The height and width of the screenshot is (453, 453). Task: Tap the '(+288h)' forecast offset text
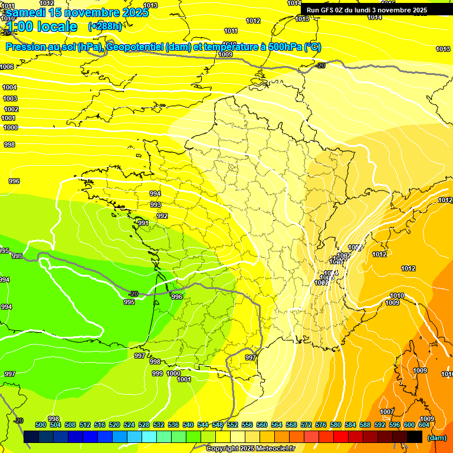coord(105,27)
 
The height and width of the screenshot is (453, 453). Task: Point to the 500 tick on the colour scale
coord(41,425)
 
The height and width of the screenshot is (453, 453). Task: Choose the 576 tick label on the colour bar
coord(321,425)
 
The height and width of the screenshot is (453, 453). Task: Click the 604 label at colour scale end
coord(424,425)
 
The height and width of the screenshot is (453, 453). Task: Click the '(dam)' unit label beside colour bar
coord(436,438)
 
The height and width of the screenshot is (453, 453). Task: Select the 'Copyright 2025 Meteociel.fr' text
coord(250,449)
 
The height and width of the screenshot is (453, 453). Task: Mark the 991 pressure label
coord(143,223)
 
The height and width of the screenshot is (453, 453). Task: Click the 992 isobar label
coord(162,216)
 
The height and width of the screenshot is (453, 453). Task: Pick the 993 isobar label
coord(155,205)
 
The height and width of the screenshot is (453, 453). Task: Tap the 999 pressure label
coord(157,373)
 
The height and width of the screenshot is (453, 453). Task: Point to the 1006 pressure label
coord(7,67)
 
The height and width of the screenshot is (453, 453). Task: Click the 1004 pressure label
coord(10,87)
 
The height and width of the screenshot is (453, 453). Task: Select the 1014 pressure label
coord(375,17)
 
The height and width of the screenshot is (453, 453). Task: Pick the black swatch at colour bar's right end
coord(415,437)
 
